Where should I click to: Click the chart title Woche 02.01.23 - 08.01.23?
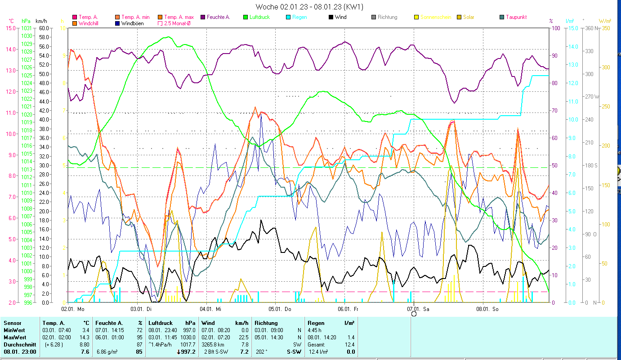click(x=309, y=7)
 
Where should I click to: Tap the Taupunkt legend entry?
click(x=516, y=17)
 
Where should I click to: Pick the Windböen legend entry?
click(x=133, y=23)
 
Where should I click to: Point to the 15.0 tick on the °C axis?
click(x=10, y=28)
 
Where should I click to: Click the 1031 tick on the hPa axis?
click(x=27, y=28)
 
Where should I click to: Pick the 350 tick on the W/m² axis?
click(x=605, y=28)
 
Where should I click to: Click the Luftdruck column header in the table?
click(x=160, y=323)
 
